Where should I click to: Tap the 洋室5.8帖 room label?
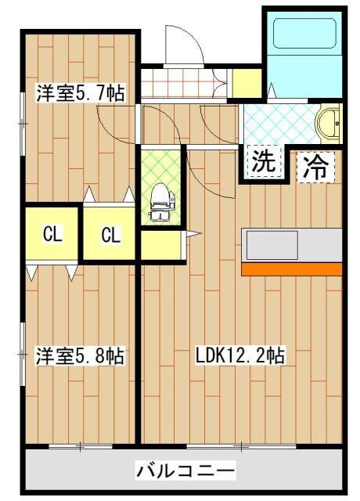79,356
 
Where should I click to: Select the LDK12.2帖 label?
239,356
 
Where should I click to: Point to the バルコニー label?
185,471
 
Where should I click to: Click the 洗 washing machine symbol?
264,163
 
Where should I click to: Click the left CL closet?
52,234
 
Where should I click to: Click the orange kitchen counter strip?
291,269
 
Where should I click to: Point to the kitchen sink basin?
272,245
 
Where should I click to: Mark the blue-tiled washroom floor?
278,121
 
